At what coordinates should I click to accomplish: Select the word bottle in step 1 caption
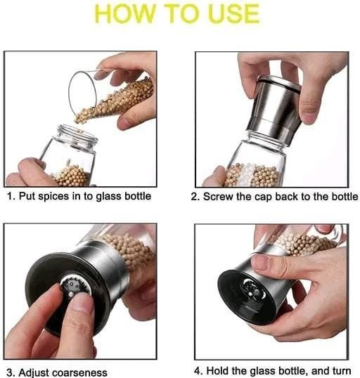tap(138, 196)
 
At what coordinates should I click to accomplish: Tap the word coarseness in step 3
tap(80, 372)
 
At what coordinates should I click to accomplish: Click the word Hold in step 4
tap(217, 371)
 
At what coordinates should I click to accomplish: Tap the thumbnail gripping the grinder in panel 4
tap(260, 263)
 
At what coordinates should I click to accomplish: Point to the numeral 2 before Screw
tap(194, 197)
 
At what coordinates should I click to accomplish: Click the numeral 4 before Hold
tap(198, 371)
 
